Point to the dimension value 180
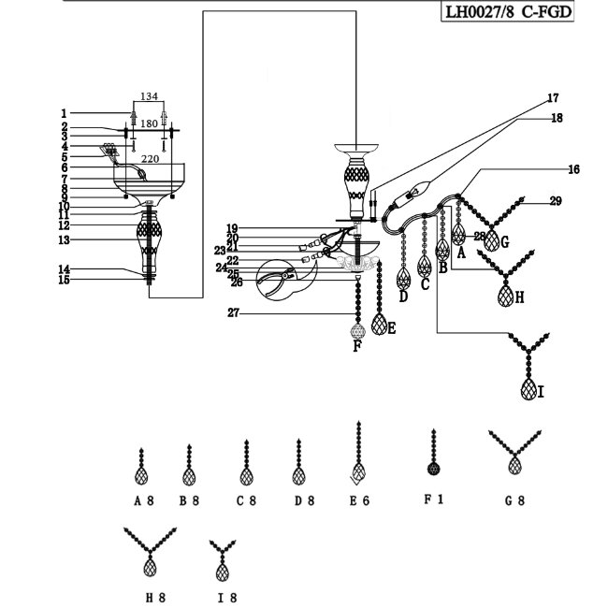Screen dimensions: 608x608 [x=150, y=123]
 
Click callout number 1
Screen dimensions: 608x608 [x=65, y=111]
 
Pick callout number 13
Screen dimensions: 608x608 [x=65, y=240]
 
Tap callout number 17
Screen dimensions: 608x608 [x=554, y=98]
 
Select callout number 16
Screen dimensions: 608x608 [x=572, y=169]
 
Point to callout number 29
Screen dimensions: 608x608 [x=556, y=201]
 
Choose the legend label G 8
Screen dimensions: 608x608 [x=514, y=500]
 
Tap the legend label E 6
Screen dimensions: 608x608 [x=359, y=500]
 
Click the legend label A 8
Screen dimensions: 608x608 [x=143, y=500]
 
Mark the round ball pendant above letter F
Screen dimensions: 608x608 [x=355, y=332]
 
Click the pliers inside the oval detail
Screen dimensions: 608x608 [x=279, y=280]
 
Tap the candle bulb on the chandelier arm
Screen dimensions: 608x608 [x=413, y=194]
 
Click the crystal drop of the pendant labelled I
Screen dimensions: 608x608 [x=529, y=387]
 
